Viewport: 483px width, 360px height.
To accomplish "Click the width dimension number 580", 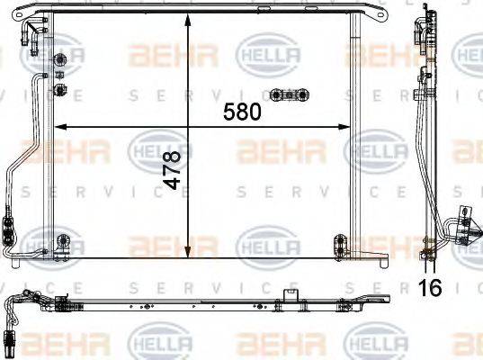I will click(x=243, y=112).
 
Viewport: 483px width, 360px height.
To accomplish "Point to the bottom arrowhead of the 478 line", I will click(x=187, y=256).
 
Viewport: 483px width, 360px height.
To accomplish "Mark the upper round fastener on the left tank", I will click(x=60, y=61).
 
